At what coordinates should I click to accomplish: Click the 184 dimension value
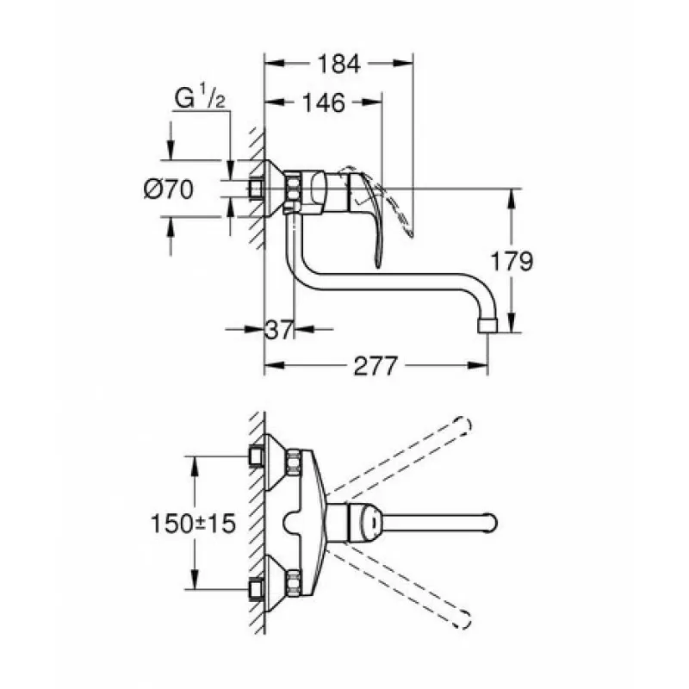pyautogui.click(x=338, y=64)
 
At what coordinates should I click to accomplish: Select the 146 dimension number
pyautogui.click(x=324, y=102)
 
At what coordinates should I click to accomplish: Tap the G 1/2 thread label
pyautogui.click(x=200, y=96)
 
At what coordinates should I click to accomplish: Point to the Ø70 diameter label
pyautogui.click(x=169, y=189)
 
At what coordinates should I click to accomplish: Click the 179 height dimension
pyautogui.click(x=512, y=261)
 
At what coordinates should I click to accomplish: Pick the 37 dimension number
pyautogui.click(x=279, y=329)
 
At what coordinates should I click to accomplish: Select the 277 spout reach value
pyautogui.click(x=376, y=365)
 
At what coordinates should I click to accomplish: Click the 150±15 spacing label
pyautogui.click(x=193, y=524)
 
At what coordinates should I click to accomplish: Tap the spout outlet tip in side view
pyautogui.click(x=487, y=326)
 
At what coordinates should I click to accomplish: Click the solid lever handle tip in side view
pyautogui.click(x=377, y=264)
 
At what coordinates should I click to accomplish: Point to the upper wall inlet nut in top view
pyautogui.click(x=255, y=456)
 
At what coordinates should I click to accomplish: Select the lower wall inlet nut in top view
pyautogui.click(x=255, y=589)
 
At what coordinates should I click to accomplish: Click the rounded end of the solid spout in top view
pyautogui.click(x=492, y=524)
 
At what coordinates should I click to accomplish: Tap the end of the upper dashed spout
pyautogui.click(x=464, y=425)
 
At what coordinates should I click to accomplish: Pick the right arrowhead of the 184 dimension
pyautogui.click(x=403, y=63)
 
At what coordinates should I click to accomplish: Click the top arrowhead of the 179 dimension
pyautogui.click(x=511, y=199)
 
